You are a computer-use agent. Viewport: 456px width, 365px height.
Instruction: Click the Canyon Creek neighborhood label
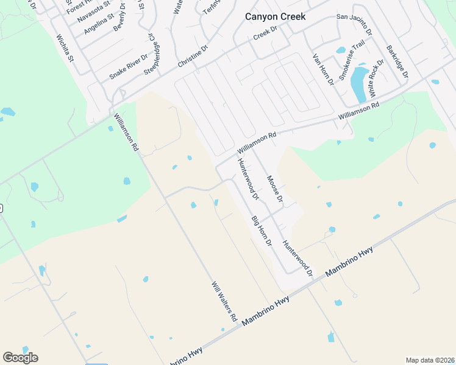click(x=274, y=16)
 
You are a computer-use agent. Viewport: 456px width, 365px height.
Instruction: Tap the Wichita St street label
click(x=64, y=49)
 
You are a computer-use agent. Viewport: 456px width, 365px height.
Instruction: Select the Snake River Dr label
click(x=128, y=66)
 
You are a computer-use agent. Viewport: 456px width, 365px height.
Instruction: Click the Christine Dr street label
click(x=193, y=55)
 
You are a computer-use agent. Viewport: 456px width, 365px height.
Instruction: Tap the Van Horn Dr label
click(x=323, y=68)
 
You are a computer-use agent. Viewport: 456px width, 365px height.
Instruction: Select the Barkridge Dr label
click(x=396, y=61)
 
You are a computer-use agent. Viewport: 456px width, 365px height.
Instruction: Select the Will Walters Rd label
click(x=224, y=301)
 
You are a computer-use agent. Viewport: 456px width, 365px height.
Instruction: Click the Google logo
click(x=20, y=358)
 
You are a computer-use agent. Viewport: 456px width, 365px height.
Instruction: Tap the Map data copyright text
click(x=430, y=360)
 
